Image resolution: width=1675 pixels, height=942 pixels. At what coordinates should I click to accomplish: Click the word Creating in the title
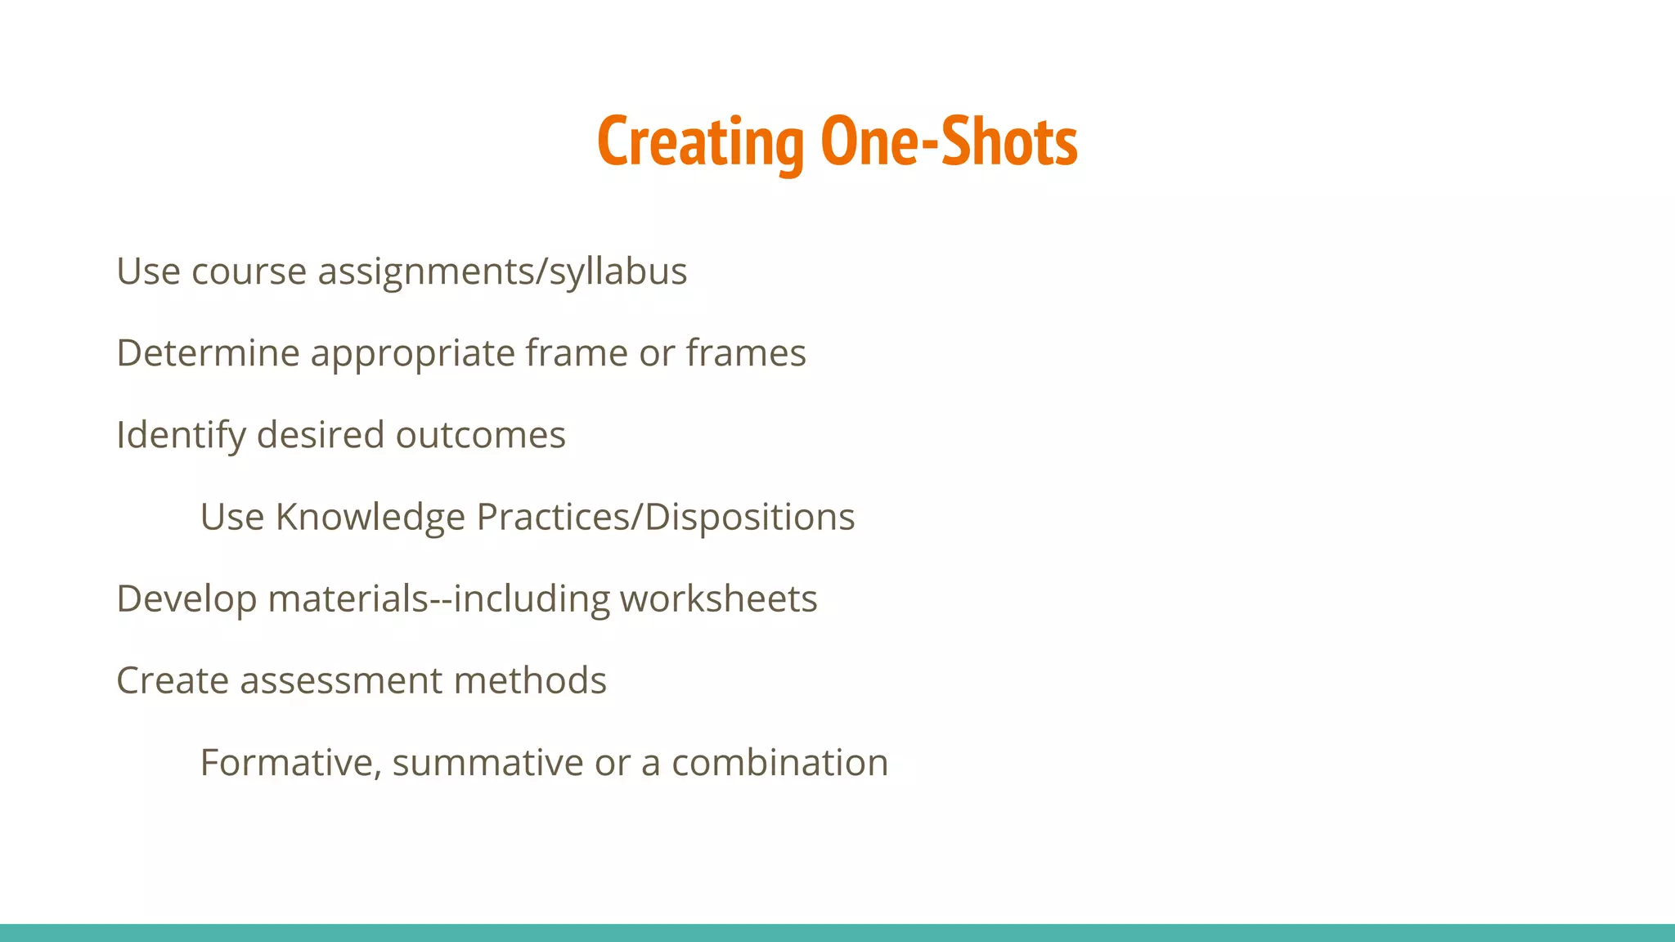(700, 142)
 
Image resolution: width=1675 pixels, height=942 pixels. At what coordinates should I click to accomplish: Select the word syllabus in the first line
(618, 271)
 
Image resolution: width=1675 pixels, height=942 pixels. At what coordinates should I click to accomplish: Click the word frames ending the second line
(746, 353)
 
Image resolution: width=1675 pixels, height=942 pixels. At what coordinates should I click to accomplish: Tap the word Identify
(181, 435)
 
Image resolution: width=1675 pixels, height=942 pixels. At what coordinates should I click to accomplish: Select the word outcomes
(480, 435)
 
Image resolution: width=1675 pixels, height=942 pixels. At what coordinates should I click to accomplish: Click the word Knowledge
(370, 518)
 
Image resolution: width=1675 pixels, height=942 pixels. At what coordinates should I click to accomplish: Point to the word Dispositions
(750, 518)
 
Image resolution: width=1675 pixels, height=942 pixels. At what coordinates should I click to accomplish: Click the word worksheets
(718, 599)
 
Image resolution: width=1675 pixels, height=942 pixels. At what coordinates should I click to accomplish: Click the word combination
(779, 763)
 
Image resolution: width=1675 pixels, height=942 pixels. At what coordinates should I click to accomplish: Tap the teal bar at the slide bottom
(837, 933)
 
